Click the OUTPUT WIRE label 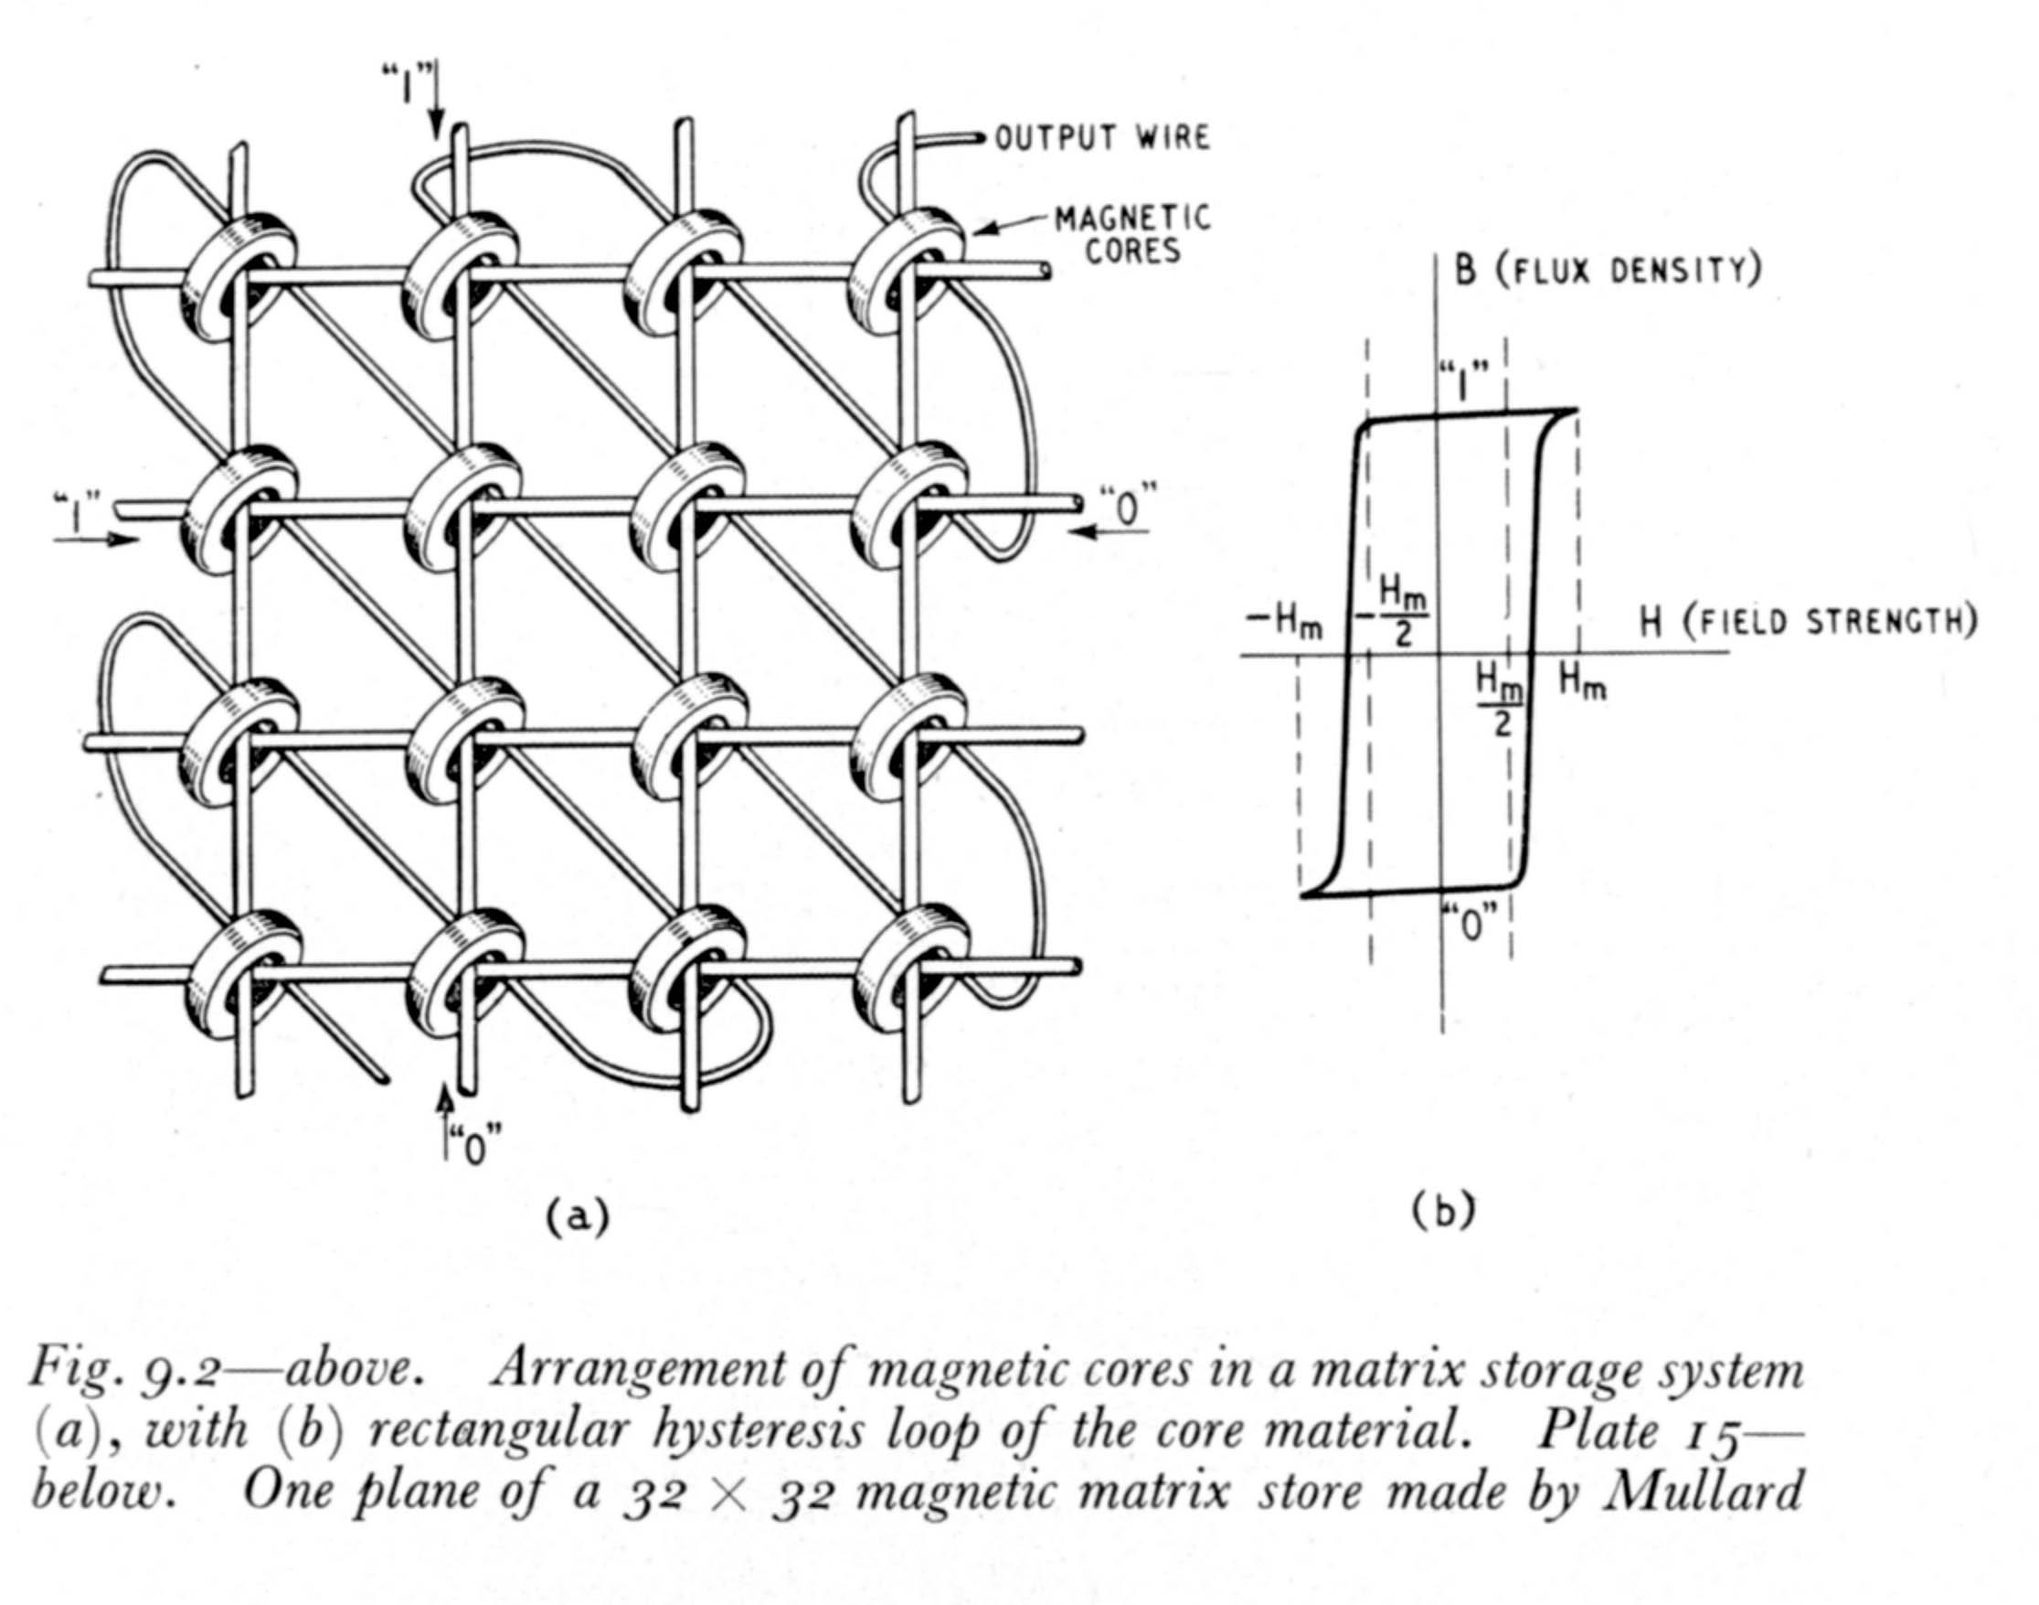tap(1101, 139)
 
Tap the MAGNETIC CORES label tap(1131, 235)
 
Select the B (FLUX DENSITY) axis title tap(1607, 271)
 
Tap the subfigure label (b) tap(1443, 1211)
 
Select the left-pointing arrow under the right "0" tap(1111, 532)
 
